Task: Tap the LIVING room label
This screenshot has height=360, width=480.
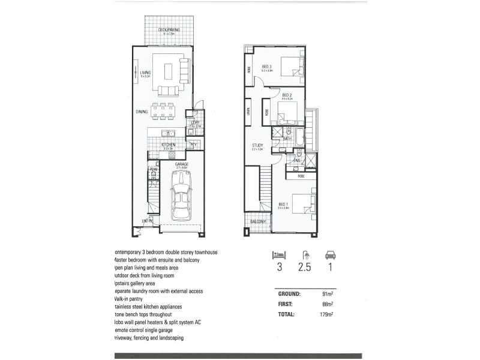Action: pyautogui.click(x=145, y=73)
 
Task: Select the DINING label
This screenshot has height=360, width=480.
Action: pyautogui.click(x=142, y=112)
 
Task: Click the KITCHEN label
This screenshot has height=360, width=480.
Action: pyautogui.click(x=167, y=145)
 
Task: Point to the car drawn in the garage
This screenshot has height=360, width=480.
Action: pyautogui.click(x=181, y=196)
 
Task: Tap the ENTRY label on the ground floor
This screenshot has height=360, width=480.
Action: pyautogui.click(x=147, y=221)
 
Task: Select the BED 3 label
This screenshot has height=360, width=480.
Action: pyautogui.click(x=267, y=67)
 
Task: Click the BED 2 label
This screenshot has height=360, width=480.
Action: pyautogui.click(x=287, y=95)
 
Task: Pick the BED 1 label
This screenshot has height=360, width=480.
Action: pyautogui.click(x=284, y=204)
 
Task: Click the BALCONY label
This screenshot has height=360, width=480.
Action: pyautogui.click(x=257, y=221)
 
